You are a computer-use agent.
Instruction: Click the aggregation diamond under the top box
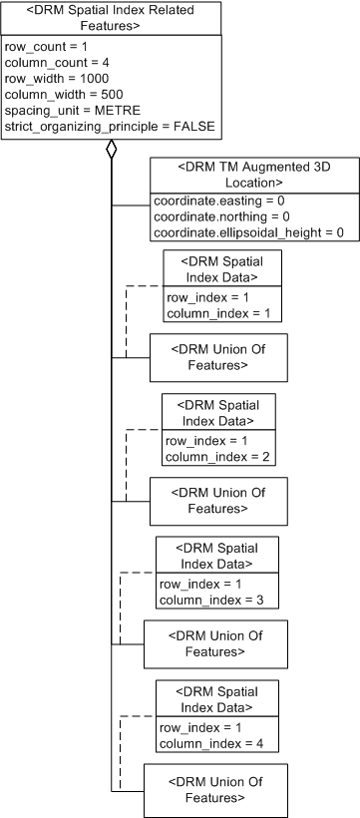[x=112, y=152]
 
